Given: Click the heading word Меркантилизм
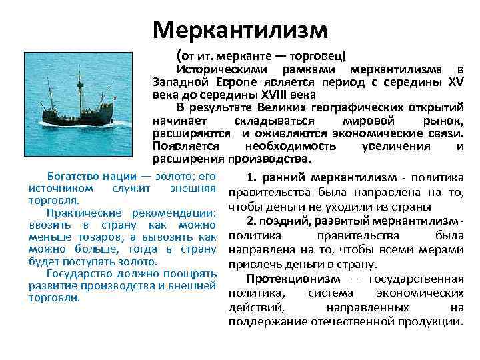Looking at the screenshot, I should tap(240, 29).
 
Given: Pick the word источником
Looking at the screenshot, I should tap(59, 189).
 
